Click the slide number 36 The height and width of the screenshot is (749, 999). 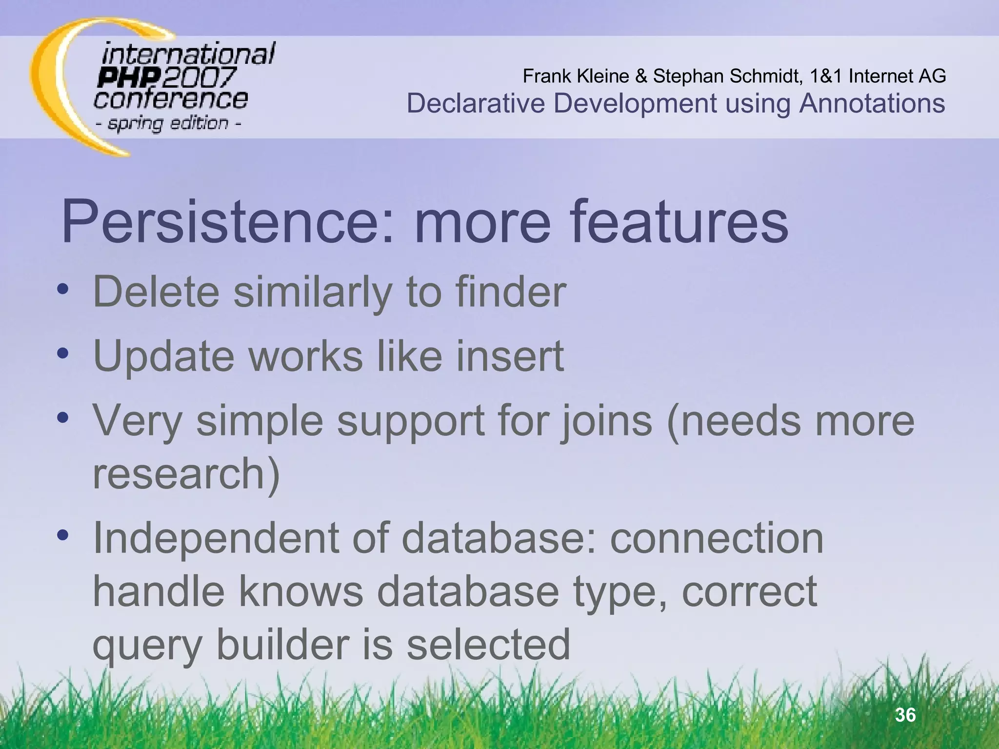[905, 715]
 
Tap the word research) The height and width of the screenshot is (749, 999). [186, 474]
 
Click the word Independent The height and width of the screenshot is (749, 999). [215, 538]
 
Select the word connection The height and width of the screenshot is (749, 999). [717, 538]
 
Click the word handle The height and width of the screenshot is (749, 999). [159, 591]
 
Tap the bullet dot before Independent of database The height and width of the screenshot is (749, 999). [62, 535]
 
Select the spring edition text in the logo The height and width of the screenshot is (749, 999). [168, 123]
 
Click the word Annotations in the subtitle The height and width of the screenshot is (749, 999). [872, 103]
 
